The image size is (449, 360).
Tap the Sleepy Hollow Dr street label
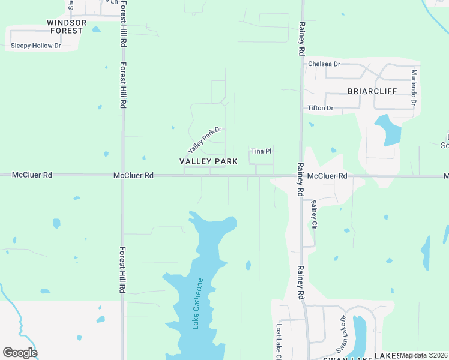tap(36, 46)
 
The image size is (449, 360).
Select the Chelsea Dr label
tap(324, 64)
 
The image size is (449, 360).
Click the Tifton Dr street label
tap(320, 108)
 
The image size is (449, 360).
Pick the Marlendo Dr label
tap(414, 87)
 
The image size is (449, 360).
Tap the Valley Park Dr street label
tap(205, 139)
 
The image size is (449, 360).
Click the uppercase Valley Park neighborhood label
tap(208, 161)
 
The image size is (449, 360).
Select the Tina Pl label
tap(261, 151)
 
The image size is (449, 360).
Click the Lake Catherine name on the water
tap(198, 303)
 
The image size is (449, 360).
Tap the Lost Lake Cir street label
tap(279, 342)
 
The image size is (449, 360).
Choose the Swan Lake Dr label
tap(342, 334)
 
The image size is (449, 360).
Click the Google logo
tap(20, 353)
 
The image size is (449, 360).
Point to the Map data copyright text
tap(424, 355)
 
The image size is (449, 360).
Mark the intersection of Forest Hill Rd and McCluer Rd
tap(123, 176)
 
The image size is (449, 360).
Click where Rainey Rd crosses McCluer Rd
tap(300, 176)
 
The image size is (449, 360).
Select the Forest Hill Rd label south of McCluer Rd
tap(122, 270)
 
